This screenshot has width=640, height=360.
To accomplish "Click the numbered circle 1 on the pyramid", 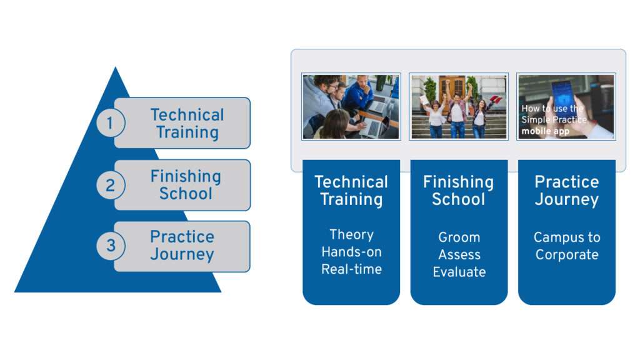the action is pyautogui.click(x=111, y=123).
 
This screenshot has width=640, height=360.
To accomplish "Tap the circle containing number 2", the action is pyautogui.click(x=111, y=185).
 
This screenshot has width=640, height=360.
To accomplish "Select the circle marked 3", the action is pyautogui.click(x=111, y=246).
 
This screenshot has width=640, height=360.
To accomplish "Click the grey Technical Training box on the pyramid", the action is pyautogui.click(x=182, y=123).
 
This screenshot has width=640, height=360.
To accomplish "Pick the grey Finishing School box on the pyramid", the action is pyautogui.click(x=182, y=185).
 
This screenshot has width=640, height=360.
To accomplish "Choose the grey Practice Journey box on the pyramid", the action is pyautogui.click(x=182, y=246).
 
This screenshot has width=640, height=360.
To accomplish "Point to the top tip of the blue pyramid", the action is pyautogui.click(x=116, y=67).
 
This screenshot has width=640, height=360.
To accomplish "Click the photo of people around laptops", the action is pyautogui.click(x=351, y=106).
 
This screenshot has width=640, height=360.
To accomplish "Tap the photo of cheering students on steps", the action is pyautogui.click(x=459, y=106).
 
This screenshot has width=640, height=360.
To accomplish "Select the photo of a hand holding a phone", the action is pyautogui.click(x=566, y=106).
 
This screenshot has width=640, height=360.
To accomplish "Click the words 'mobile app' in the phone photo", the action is pyautogui.click(x=545, y=131).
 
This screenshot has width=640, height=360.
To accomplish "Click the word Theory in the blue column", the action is pyautogui.click(x=351, y=235).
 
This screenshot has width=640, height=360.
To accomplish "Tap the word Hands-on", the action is pyautogui.click(x=351, y=252).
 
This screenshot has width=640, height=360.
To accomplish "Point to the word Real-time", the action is pyautogui.click(x=351, y=269).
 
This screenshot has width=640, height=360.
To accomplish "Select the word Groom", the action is pyautogui.click(x=459, y=237).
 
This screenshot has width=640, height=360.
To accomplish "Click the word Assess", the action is pyautogui.click(x=459, y=255).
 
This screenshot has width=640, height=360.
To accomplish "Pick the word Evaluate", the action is pyautogui.click(x=459, y=272).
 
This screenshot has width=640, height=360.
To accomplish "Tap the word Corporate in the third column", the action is pyautogui.click(x=567, y=255).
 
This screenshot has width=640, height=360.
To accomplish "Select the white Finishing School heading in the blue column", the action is pyautogui.click(x=458, y=191).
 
